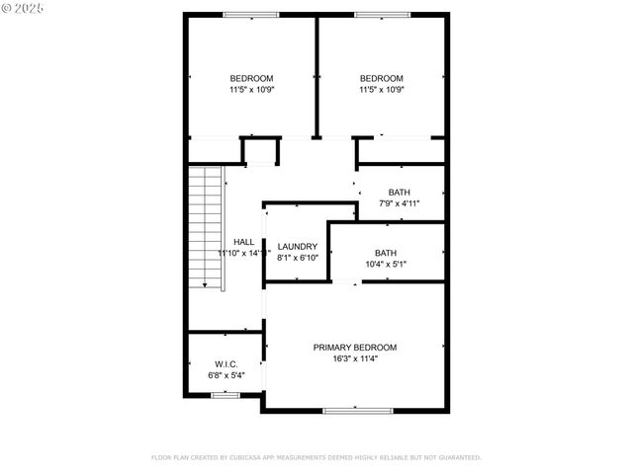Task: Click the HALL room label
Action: point(243,242)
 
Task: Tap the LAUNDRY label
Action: point(298,247)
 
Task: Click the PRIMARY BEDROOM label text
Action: point(355,348)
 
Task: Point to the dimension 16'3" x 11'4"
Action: point(355,358)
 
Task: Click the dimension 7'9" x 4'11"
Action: point(400,203)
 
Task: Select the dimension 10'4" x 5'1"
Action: point(386,264)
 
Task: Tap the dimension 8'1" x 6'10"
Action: point(298,258)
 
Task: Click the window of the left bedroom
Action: point(250,15)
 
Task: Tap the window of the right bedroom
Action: point(382,15)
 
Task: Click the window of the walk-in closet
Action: point(225,395)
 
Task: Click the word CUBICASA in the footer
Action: point(252,458)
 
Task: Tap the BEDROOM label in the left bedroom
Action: point(251,79)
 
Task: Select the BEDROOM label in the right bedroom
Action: point(381,79)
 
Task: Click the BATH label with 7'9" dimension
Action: point(400,193)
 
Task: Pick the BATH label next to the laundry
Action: point(386,253)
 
